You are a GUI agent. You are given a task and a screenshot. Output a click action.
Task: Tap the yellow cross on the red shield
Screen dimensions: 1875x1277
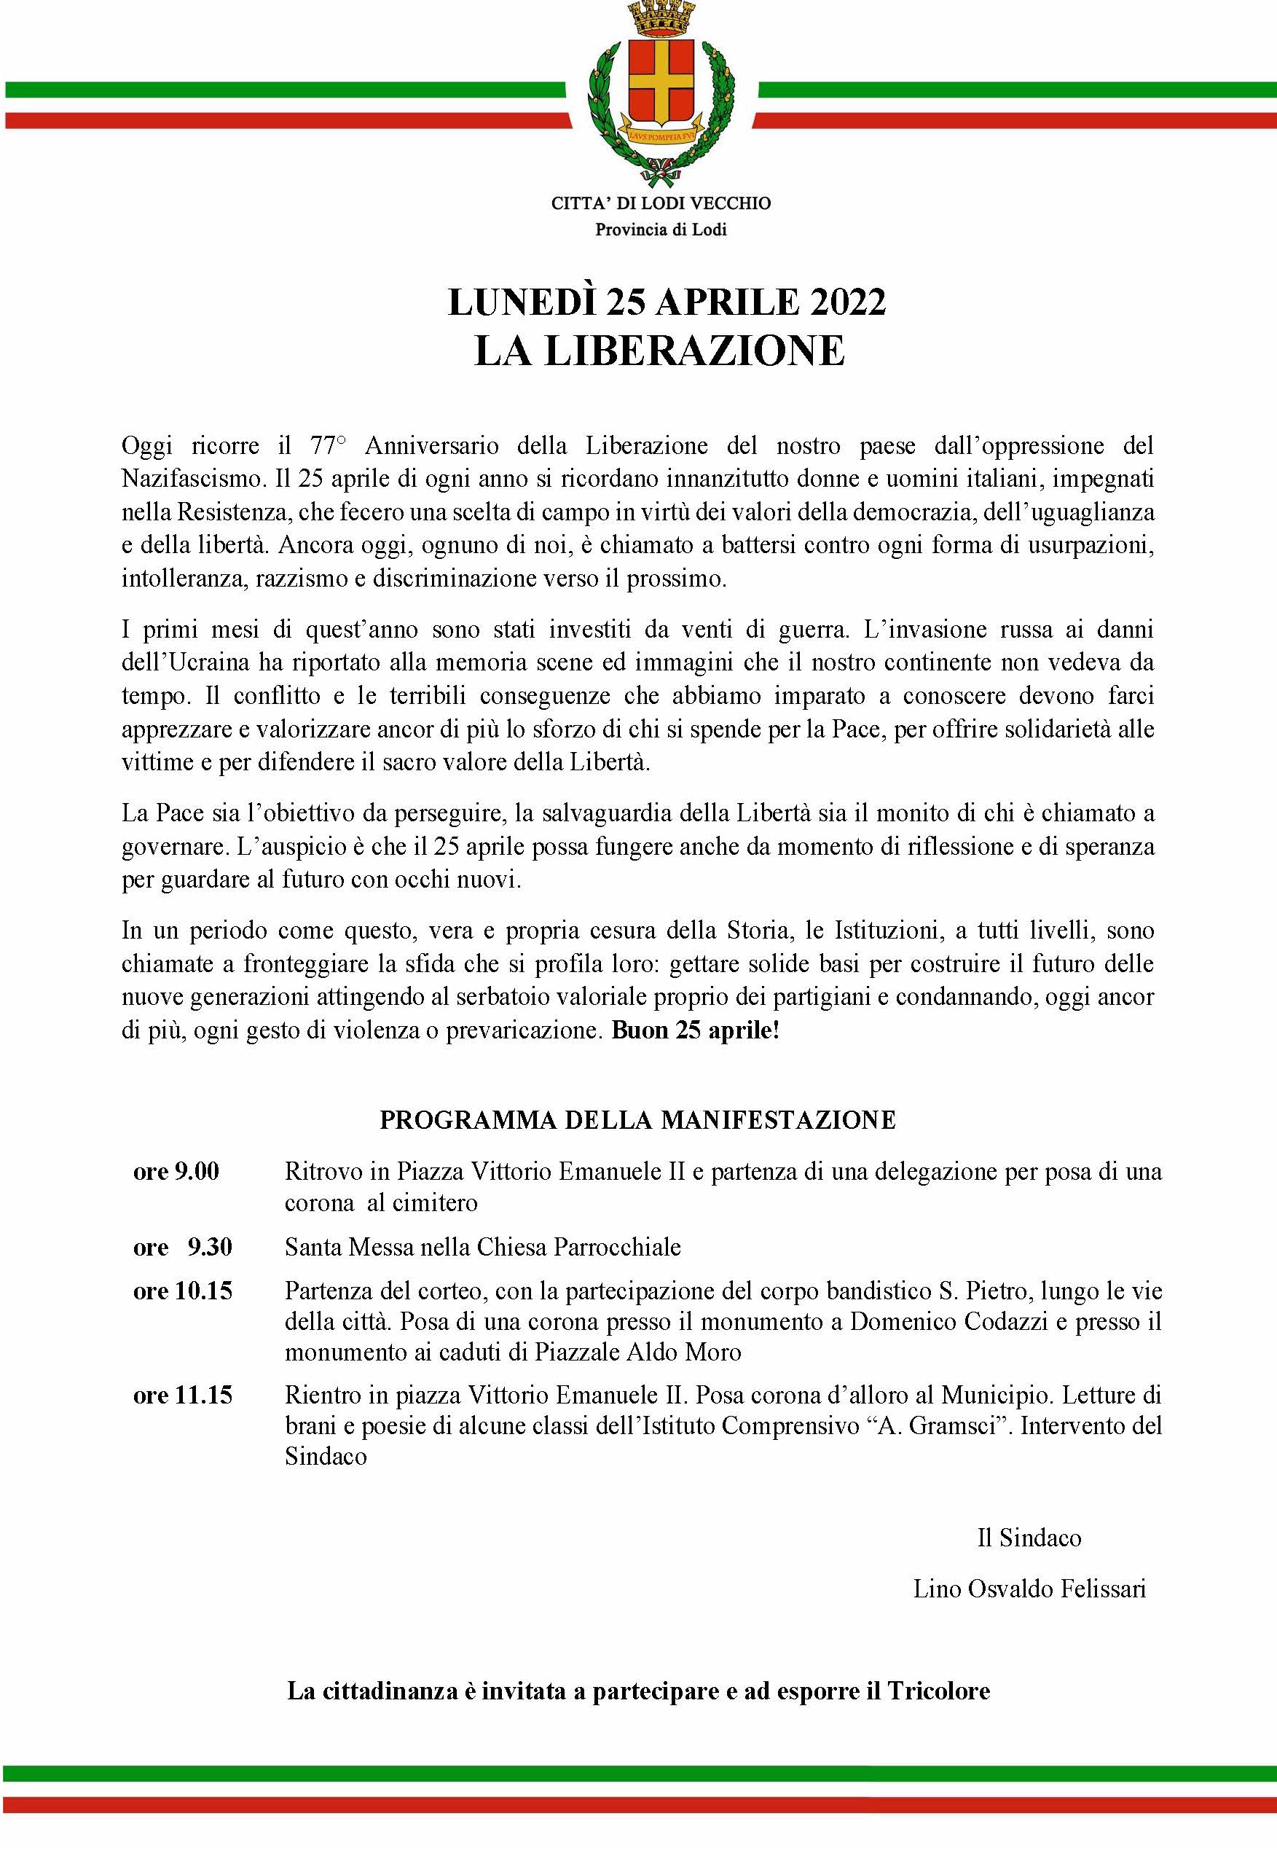pyautogui.click(x=661, y=80)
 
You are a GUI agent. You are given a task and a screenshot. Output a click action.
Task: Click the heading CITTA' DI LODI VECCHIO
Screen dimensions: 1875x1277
pyautogui.click(x=661, y=203)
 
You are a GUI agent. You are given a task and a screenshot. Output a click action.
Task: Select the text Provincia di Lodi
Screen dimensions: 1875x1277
pyautogui.click(x=661, y=230)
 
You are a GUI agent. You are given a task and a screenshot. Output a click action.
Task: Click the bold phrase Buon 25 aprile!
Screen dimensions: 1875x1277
pyautogui.click(x=696, y=1031)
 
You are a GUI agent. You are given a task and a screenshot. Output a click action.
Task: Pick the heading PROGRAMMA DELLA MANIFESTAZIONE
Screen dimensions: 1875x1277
pyautogui.click(x=637, y=1121)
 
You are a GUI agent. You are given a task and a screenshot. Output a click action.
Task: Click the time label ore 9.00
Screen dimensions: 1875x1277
pyautogui.click(x=176, y=1172)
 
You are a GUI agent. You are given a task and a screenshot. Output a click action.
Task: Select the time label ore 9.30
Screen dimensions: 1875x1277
pyautogui.click(x=182, y=1248)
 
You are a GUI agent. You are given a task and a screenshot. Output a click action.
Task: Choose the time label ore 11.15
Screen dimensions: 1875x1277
pyautogui.click(x=182, y=1396)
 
